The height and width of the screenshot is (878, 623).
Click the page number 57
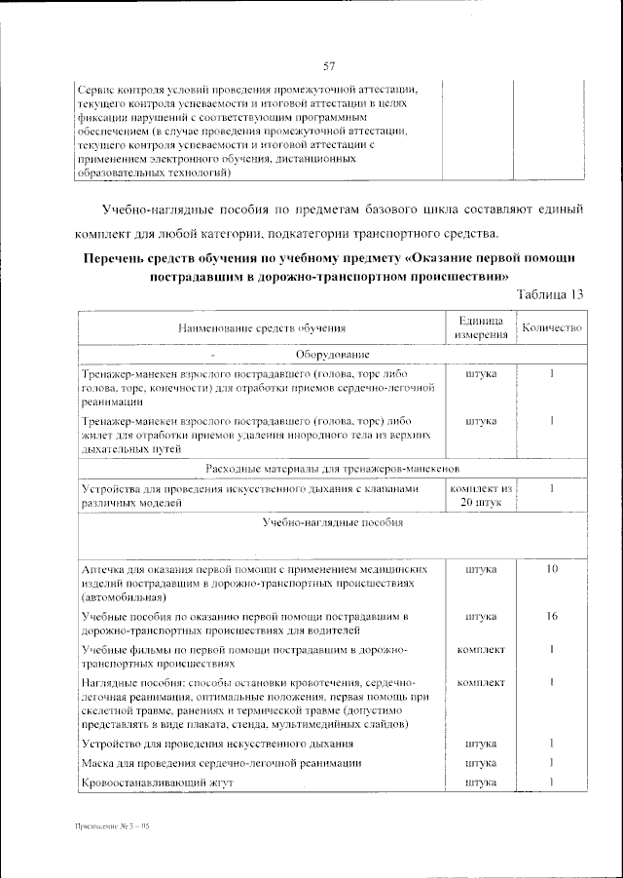[x=329, y=67]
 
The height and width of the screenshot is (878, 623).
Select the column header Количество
[x=551, y=328]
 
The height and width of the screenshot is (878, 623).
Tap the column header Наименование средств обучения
[x=262, y=330]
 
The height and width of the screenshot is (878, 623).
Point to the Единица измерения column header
[x=479, y=328]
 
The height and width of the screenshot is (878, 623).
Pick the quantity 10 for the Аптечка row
[x=551, y=568]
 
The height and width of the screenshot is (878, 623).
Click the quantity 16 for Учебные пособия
[x=551, y=617]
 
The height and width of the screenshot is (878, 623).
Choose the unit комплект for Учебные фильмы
[x=480, y=649]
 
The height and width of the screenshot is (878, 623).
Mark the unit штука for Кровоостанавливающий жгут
[x=480, y=783]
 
